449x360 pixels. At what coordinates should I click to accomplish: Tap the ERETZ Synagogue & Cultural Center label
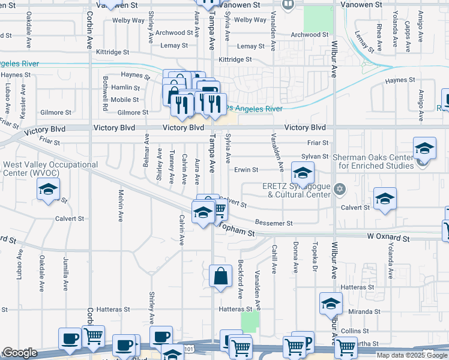click(297, 190)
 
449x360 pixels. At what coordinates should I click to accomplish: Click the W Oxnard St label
click(388, 239)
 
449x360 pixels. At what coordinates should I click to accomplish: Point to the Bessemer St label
click(274, 223)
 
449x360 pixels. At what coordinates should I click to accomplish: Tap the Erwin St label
click(246, 170)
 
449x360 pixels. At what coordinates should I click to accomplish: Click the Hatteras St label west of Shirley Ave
click(110, 310)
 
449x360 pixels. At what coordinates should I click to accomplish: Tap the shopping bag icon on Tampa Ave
click(221, 277)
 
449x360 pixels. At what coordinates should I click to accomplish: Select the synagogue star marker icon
click(340, 190)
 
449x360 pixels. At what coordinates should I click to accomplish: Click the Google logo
click(20, 353)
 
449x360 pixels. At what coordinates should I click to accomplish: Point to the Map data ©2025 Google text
click(412, 355)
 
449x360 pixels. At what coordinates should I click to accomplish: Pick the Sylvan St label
click(315, 156)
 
